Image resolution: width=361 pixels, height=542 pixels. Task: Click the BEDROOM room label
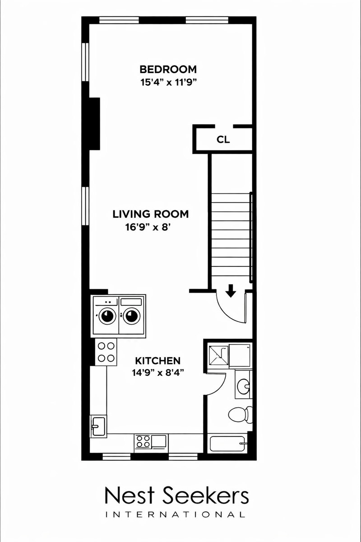tap(168, 70)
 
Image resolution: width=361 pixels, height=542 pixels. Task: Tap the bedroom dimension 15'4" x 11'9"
tap(168, 83)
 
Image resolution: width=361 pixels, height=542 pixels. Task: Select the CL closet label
tap(223, 140)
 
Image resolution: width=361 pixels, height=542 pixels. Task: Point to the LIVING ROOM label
tap(150, 214)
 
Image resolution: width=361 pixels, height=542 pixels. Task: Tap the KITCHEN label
tap(157, 361)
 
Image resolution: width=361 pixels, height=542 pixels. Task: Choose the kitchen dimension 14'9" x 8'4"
tap(157, 373)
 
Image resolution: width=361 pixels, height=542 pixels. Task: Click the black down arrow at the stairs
tap(231, 290)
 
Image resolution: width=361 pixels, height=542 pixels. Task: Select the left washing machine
tap(106, 316)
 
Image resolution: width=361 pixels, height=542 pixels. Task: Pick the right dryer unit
tap(132, 316)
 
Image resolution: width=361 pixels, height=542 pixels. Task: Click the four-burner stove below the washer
tap(106, 352)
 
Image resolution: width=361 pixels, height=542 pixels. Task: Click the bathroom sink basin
tap(243, 385)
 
